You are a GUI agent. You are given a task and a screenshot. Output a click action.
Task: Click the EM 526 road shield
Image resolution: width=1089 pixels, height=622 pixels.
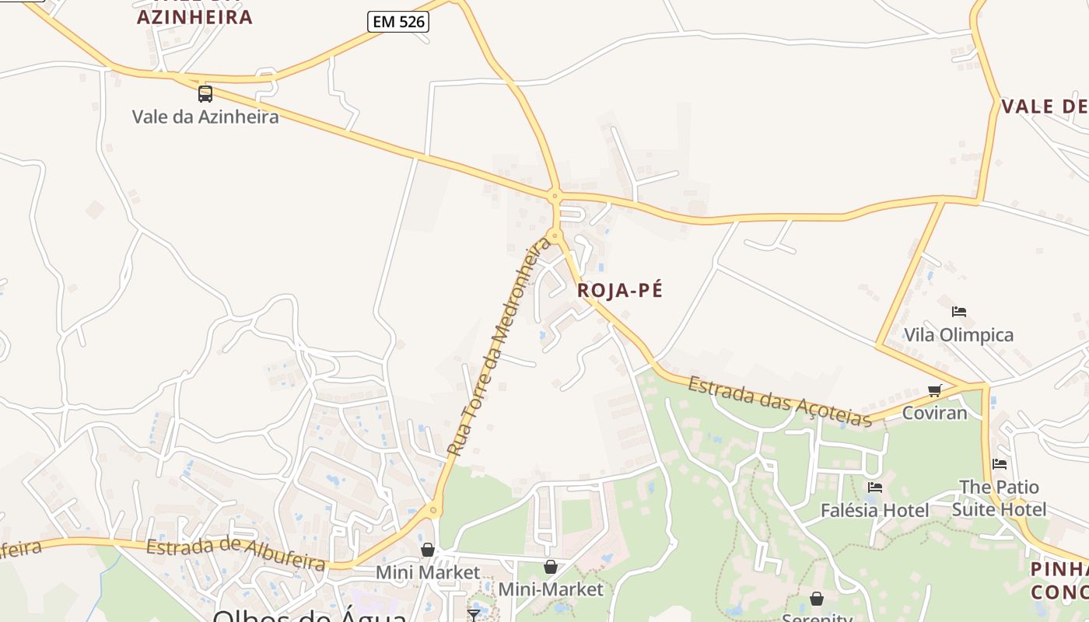point(398,22)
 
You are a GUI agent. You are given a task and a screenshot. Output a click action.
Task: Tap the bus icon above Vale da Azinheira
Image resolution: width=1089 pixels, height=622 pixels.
point(205,94)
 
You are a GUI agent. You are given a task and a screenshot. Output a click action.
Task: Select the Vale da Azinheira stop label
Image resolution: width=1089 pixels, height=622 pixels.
point(205,117)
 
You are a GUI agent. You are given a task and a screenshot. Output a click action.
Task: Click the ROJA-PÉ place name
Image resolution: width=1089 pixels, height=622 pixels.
point(620,291)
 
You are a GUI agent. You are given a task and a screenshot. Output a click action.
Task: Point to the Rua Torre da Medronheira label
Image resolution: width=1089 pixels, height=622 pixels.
point(499,348)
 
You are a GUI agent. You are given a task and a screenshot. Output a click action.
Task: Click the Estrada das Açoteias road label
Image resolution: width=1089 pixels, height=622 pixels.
point(779,401)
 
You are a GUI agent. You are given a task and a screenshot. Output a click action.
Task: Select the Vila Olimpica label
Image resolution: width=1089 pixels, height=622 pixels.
point(958,335)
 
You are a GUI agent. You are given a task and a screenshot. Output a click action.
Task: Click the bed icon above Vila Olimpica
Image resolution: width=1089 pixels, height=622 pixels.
point(959,312)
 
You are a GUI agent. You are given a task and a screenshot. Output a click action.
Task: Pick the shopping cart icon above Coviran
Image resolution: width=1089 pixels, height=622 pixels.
point(935,390)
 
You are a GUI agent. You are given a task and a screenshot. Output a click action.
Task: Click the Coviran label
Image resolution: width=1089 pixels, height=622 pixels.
point(934,413)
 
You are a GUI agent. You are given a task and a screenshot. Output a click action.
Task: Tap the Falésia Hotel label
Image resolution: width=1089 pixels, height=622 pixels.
point(875,511)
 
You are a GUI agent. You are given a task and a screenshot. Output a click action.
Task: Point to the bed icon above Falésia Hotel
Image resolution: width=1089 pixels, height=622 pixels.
point(875,487)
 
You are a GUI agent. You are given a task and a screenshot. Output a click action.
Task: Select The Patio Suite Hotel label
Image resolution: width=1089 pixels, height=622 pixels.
point(999,498)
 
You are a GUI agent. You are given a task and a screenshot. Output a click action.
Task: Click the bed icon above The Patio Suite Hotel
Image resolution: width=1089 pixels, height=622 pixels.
point(1000,464)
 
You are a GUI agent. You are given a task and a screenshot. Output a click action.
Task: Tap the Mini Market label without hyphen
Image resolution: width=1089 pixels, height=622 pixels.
point(428,573)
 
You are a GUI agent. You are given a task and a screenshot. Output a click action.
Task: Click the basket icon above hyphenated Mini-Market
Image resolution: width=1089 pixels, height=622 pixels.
point(551,567)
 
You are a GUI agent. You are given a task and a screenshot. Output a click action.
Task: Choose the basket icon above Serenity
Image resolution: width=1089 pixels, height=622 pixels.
point(817,599)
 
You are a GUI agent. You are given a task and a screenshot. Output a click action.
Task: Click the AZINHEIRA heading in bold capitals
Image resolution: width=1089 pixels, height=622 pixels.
point(195,17)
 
